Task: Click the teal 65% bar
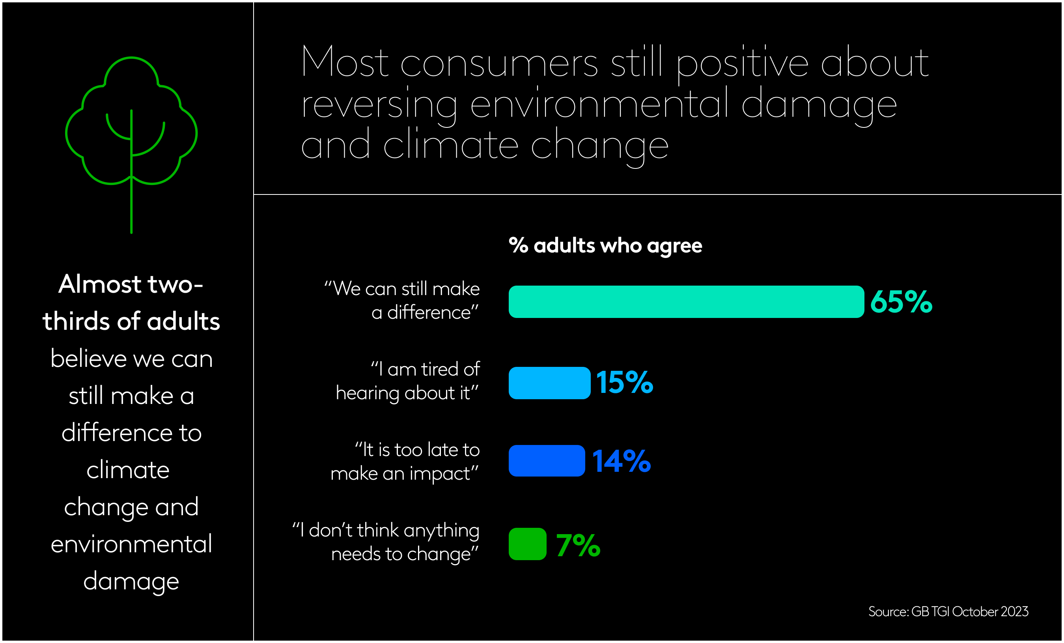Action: coord(686,301)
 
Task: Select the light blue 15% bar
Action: coord(549,383)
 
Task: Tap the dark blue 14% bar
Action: coord(547,460)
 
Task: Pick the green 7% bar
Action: coord(527,544)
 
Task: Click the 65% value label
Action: coord(901,301)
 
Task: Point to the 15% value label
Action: coord(624,383)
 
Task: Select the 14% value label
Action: coord(621,461)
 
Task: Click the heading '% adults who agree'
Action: coord(605,245)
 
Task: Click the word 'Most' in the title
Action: coord(345,62)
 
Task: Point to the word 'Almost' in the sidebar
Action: coord(100,284)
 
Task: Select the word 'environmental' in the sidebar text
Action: coord(131,544)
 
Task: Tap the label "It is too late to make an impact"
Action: coord(405,461)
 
